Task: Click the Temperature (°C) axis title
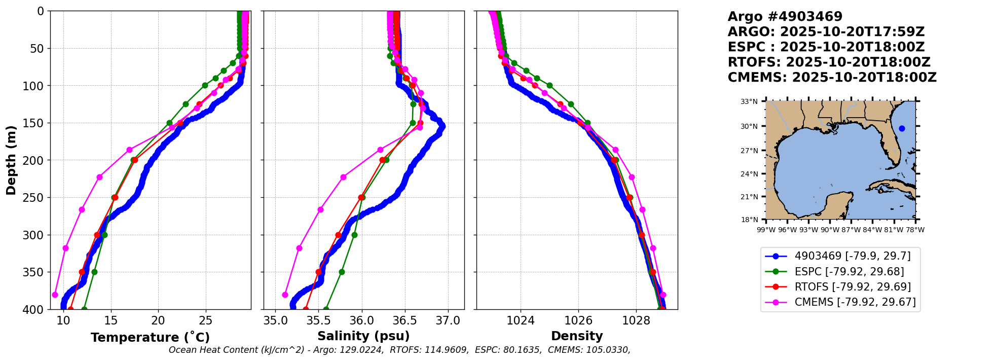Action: [x=150, y=338]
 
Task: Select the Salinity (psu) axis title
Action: [x=363, y=336]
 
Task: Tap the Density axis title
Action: [x=577, y=336]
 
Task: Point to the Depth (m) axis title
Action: [x=11, y=160]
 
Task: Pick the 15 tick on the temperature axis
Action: [x=110, y=321]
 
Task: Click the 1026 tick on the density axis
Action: [x=578, y=321]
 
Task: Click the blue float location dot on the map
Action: [x=902, y=128]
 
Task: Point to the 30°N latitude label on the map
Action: [x=749, y=126]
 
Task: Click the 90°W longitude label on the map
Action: [x=830, y=230]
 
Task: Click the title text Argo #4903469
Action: [x=785, y=17]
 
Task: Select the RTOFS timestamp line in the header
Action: [x=829, y=62]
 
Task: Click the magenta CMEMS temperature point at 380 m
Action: [x=55, y=295]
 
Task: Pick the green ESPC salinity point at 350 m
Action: [x=342, y=272]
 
